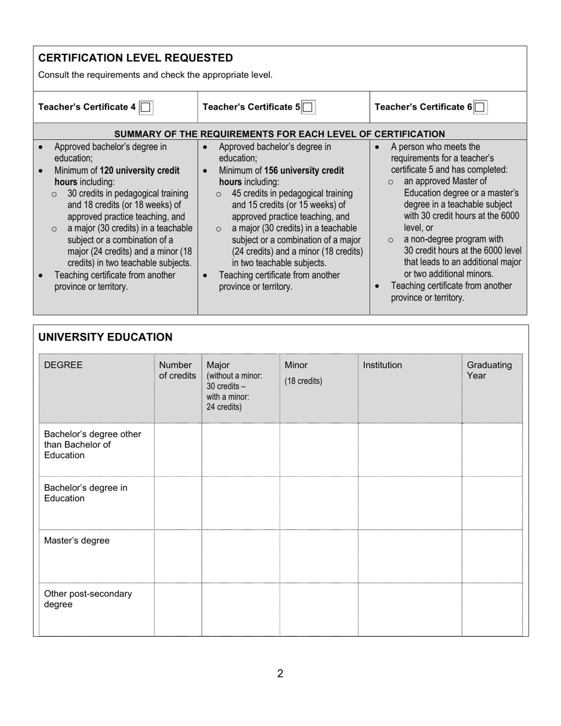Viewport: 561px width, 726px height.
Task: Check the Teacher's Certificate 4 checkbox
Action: click(146, 107)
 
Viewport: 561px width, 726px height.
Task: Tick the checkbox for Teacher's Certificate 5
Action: click(308, 107)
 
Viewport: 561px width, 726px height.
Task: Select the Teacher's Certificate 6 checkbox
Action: click(480, 107)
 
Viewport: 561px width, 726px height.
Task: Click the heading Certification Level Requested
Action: click(135, 58)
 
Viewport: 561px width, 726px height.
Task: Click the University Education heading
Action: click(105, 337)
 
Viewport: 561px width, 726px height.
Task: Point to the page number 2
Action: click(280, 673)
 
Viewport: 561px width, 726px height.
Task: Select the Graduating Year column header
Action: click(489, 370)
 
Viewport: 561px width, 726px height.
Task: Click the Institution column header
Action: click(382, 365)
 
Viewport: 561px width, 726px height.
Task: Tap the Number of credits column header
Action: click(177, 370)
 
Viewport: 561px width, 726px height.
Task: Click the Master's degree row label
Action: click(77, 541)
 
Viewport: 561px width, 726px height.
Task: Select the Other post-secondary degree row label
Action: click(87, 599)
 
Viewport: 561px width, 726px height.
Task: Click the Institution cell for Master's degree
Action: click(409, 556)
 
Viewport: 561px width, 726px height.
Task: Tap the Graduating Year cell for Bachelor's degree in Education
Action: click(492, 503)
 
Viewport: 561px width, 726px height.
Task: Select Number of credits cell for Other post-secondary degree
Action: click(178, 609)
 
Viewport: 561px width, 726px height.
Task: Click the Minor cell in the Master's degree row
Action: click(318, 556)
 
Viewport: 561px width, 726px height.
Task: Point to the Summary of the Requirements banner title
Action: click(279, 134)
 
